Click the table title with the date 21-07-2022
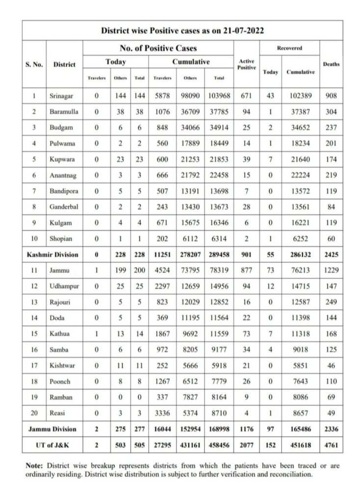click(182, 30)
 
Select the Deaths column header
click(331, 64)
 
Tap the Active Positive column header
click(247, 64)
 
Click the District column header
click(65, 64)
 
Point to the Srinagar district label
click(62, 96)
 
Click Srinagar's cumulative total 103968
click(219, 96)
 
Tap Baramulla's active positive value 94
click(247, 111)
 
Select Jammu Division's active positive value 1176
click(247, 429)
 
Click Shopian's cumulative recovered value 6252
click(301, 239)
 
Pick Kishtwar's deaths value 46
click(331, 366)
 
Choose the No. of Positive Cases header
click(158, 48)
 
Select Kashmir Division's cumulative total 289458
click(219, 255)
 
